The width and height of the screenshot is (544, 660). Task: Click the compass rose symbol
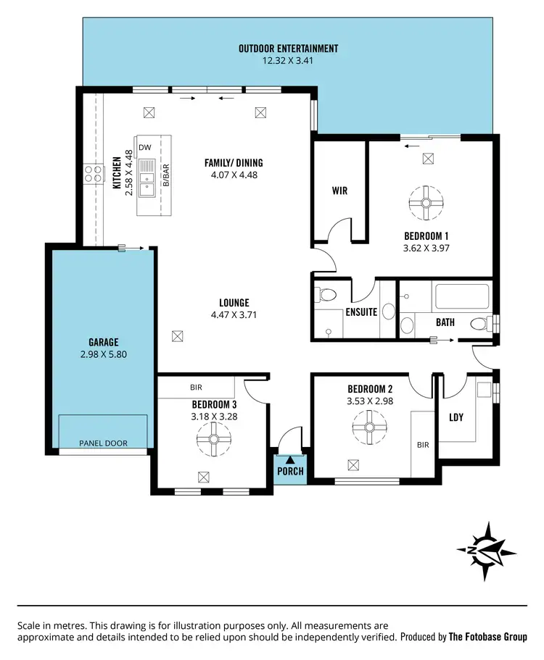coord(486,551)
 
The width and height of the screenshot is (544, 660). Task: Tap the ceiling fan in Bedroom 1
coord(424,203)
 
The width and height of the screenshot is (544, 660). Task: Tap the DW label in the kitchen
coord(144,147)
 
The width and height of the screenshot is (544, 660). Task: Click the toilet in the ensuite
coord(323,295)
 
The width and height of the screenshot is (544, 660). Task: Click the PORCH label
coord(290,472)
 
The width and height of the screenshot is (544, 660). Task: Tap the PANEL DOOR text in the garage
coord(103,443)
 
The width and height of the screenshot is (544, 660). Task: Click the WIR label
coord(339,191)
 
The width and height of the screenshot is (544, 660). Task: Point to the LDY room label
coord(456,417)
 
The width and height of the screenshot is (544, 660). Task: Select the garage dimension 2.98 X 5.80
coord(104,355)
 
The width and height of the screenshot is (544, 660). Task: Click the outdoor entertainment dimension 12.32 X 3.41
coord(288,61)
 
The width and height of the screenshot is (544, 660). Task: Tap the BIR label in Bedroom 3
coord(196,388)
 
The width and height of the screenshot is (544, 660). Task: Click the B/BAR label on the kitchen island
coord(165,175)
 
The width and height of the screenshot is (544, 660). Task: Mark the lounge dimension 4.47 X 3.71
coord(234,314)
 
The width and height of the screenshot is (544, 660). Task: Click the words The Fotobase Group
coord(488,638)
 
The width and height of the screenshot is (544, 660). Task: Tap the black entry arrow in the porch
coord(290,459)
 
